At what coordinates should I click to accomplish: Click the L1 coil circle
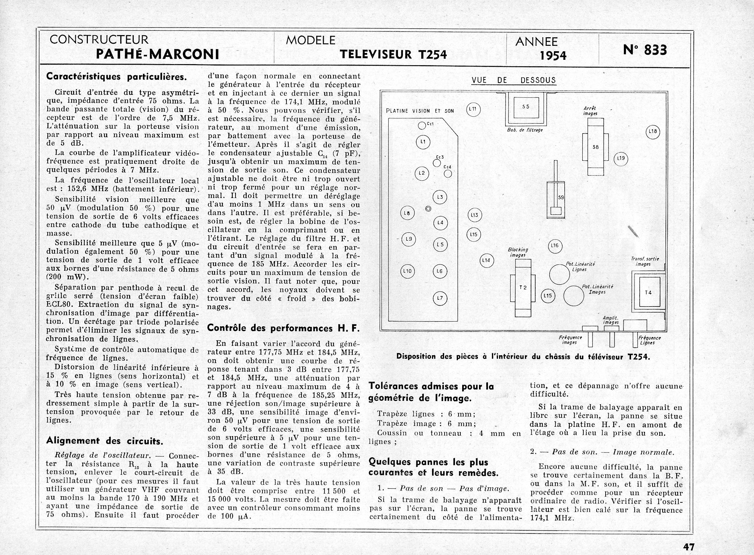[423, 142]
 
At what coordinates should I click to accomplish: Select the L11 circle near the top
[474, 109]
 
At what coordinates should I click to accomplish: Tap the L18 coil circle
[653, 131]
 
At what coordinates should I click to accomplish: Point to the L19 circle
[621, 158]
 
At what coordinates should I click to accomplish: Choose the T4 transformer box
[648, 292]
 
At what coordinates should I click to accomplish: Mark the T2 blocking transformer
[523, 288]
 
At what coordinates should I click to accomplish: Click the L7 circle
[440, 298]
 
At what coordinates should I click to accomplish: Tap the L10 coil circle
[407, 271]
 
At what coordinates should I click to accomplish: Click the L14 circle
[487, 260]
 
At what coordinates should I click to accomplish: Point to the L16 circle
[555, 246]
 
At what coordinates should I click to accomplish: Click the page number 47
[688, 547]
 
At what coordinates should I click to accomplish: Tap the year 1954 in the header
[553, 56]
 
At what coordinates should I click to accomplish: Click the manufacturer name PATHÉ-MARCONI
[158, 54]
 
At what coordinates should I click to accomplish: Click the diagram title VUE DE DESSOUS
[513, 80]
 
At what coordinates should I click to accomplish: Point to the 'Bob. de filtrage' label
[525, 130]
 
